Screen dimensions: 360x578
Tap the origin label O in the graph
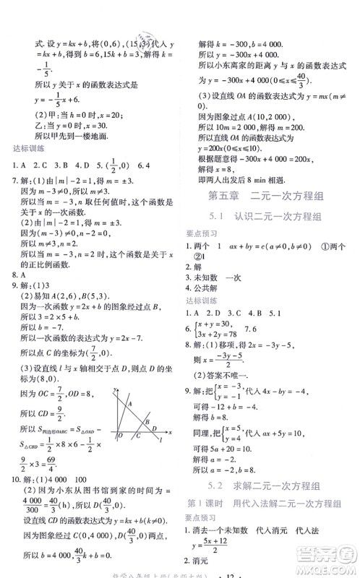[x=119, y=436]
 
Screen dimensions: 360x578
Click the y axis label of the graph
[x=116, y=390]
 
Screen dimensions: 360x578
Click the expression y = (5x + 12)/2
[x=226, y=545]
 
